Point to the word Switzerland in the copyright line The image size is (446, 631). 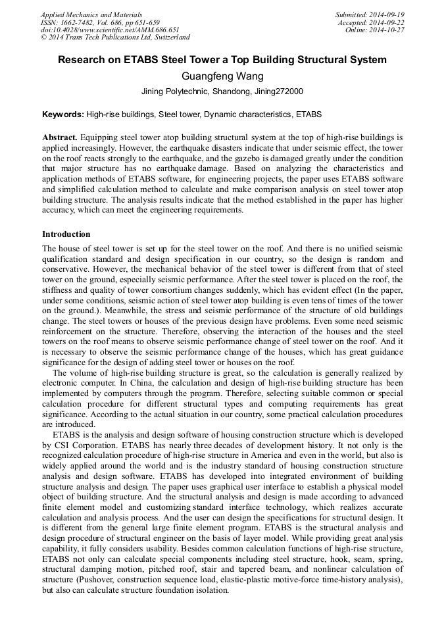click(168, 38)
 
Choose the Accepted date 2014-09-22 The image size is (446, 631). click(387, 22)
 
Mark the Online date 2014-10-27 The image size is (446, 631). click(388, 30)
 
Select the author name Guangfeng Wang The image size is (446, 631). click(222, 76)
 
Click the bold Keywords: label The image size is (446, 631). click(63, 114)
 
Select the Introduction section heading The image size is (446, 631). click(66, 234)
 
